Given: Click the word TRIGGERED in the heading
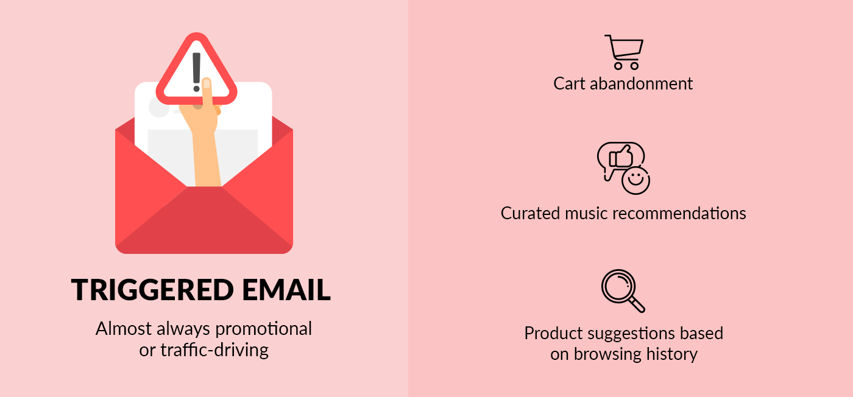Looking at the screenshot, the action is (x=152, y=290).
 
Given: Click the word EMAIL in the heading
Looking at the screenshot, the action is (x=286, y=290).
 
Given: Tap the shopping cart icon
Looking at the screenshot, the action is (x=625, y=52).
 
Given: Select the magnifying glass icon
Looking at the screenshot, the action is (x=623, y=291).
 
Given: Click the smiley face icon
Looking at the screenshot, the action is (x=635, y=180).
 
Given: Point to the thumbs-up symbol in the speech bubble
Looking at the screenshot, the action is (x=621, y=156).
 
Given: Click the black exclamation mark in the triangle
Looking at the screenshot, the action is (x=196, y=72).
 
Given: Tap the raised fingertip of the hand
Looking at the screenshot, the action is (x=207, y=83).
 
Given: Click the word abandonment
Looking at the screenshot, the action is (x=641, y=84).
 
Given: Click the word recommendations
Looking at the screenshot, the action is (x=679, y=213).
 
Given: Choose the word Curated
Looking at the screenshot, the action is (x=531, y=213).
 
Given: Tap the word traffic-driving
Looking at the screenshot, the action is (x=214, y=350).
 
